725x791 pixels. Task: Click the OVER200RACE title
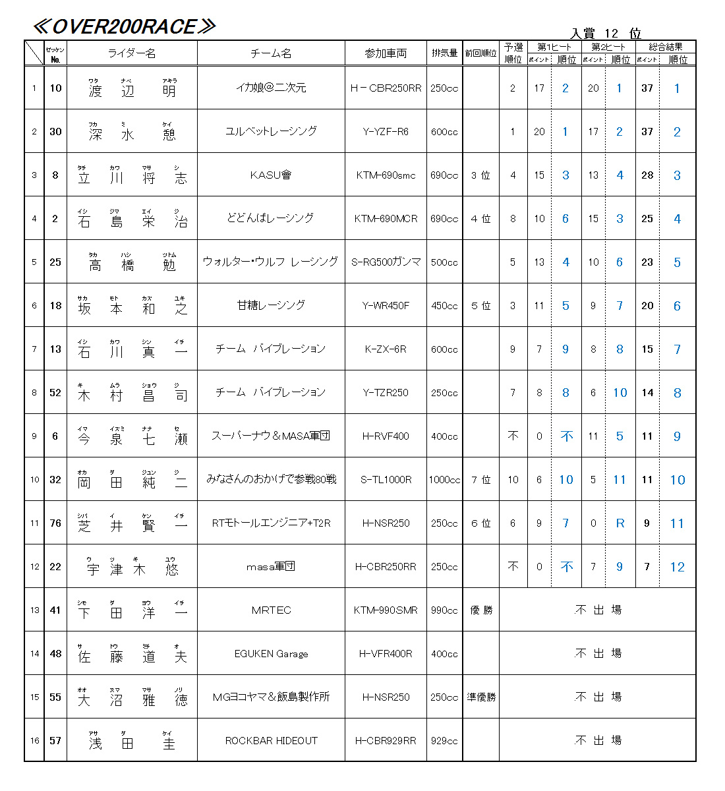pos(124,26)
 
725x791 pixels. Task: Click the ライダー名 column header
pos(132,53)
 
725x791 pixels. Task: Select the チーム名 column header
pos(271,53)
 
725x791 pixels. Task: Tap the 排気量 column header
pos(444,53)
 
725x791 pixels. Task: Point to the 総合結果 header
pos(666,47)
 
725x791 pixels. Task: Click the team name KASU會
pos(271,175)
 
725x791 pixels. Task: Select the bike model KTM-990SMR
pos(386,610)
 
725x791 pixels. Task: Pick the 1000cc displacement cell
pos(444,479)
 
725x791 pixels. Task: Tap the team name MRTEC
pos(271,610)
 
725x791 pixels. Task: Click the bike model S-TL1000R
pos(386,479)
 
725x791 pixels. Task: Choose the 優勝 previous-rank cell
pos(481,610)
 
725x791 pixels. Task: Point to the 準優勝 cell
pos(481,697)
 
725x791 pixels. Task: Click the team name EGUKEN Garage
pos(271,653)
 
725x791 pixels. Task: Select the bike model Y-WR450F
pos(386,305)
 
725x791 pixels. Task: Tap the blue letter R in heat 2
pos(620,523)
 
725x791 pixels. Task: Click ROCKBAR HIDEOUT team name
pos(271,740)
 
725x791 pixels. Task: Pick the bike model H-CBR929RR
pos(386,740)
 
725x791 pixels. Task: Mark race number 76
pos(55,523)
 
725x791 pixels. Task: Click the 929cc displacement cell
pos(444,740)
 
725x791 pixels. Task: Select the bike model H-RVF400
pos(386,436)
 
